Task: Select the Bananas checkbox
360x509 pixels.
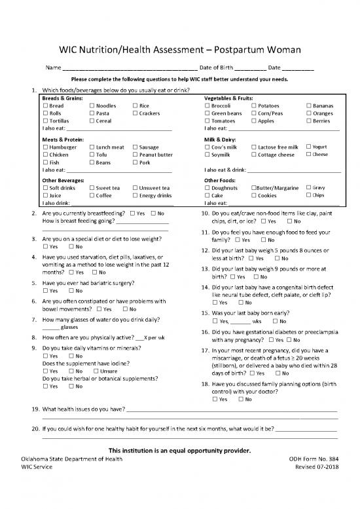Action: pos(309,105)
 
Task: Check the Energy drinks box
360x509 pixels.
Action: pos(135,195)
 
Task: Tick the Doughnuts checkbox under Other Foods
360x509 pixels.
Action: pos(207,187)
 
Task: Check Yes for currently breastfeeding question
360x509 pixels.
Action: pos(133,214)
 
